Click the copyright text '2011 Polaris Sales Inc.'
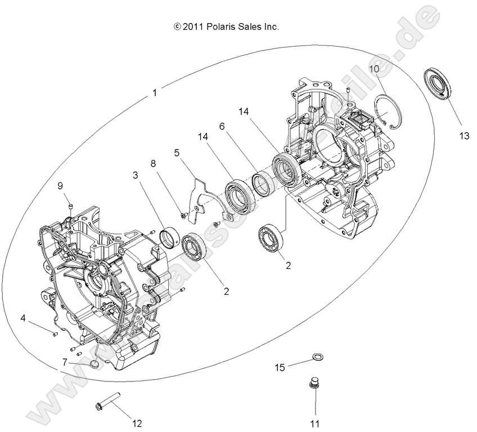(227, 26)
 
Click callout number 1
(155, 93)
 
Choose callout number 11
(315, 423)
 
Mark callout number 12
(137, 423)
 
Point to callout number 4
(24, 318)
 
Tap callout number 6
(222, 127)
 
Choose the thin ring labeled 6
(262, 183)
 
